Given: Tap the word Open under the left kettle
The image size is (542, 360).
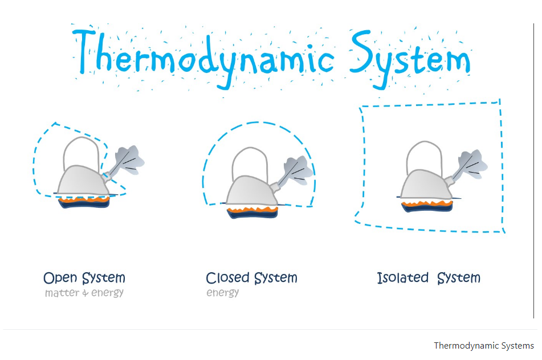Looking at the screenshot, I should click(60, 278).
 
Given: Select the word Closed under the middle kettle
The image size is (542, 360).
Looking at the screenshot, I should click(227, 278).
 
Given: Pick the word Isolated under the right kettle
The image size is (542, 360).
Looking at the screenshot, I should click(402, 278).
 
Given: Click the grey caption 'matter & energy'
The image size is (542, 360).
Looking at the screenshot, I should click(84, 293).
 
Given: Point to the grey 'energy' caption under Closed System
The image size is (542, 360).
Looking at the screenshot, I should click(222, 293).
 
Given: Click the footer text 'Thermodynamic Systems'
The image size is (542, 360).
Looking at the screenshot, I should click(483, 346).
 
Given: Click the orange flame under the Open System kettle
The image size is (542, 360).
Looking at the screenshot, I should click(84, 199).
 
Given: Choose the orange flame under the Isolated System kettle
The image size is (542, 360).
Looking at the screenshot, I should click(427, 202).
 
